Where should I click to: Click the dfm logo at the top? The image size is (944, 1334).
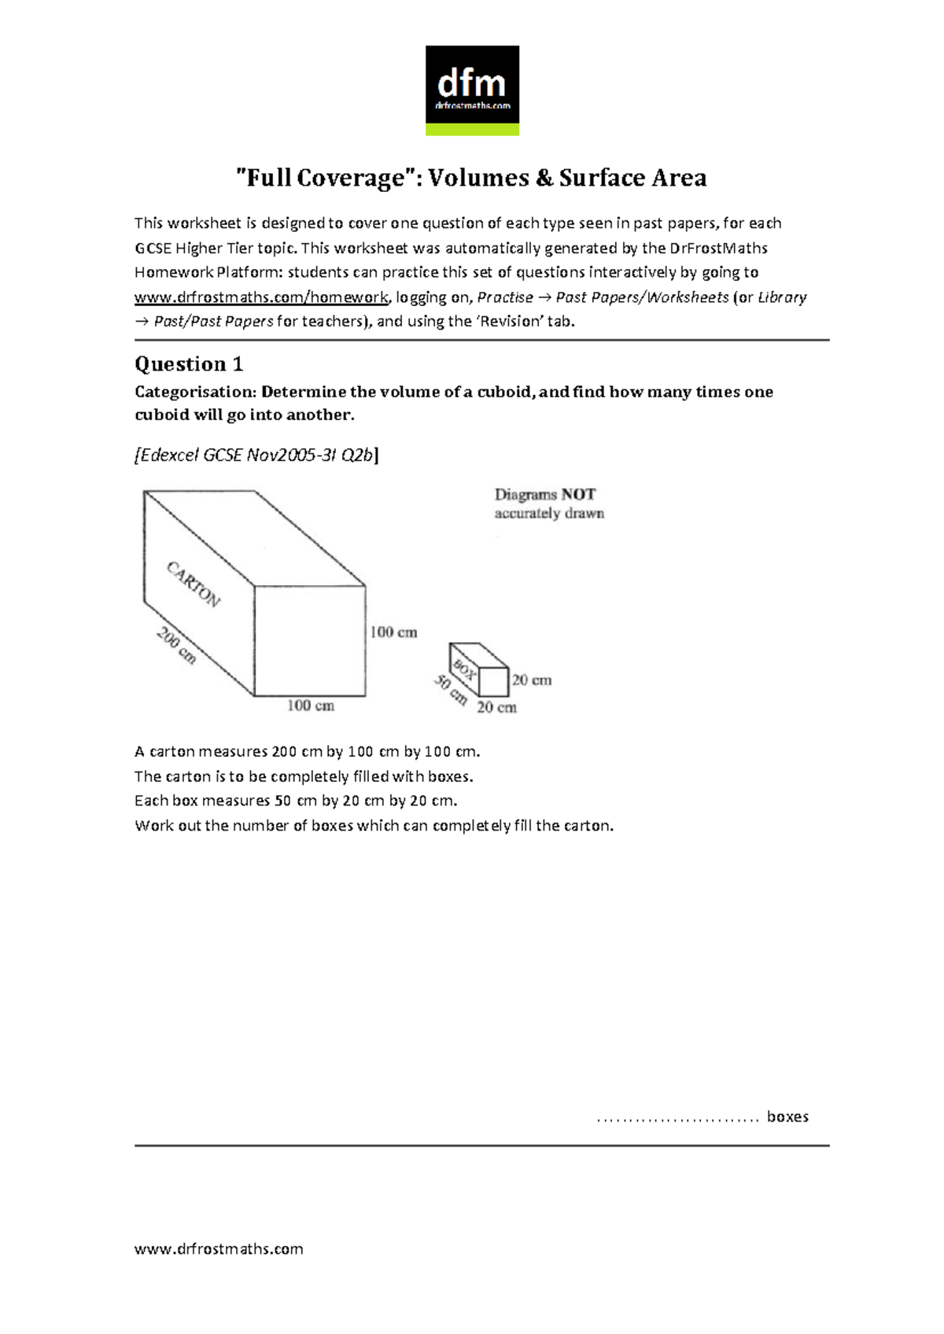(x=472, y=90)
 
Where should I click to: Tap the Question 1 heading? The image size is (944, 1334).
(x=189, y=364)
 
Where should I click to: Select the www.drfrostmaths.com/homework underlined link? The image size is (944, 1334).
(x=261, y=297)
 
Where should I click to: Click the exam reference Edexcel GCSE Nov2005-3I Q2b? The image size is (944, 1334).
(x=256, y=455)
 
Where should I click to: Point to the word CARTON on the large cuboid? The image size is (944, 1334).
(x=194, y=584)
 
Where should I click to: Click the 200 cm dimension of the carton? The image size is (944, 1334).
(x=176, y=645)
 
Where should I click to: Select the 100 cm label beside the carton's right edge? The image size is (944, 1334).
(x=393, y=632)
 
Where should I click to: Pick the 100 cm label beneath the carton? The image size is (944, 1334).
(x=310, y=706)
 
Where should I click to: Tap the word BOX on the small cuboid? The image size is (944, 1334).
(x=465, y=670)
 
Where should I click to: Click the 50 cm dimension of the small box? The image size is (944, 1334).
(x=450, y=690)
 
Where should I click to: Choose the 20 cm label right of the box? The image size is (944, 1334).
(x=532, y=680)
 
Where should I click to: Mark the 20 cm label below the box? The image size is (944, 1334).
(x=496, y=708)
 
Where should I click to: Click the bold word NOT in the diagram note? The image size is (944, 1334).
(x=578, y=495)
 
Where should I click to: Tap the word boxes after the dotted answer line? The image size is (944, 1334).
(x=787, y=1117)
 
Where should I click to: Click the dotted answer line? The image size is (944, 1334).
(x=677, y=1118)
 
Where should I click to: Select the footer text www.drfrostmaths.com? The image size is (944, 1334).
(x=219, y=1249)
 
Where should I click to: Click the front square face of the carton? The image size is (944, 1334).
(x=310, y=640)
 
